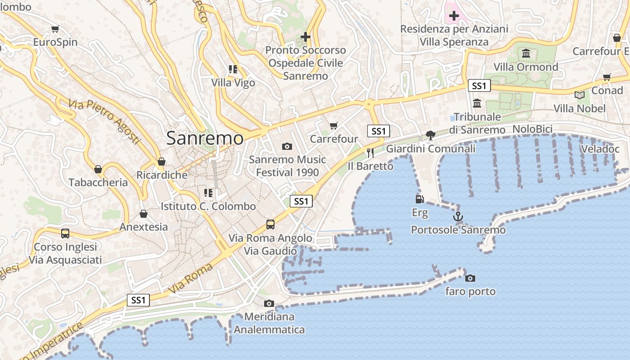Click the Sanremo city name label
(205, 138)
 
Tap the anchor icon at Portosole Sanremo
(458, 217)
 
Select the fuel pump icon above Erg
(419, 198)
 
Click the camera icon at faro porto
(470, 278)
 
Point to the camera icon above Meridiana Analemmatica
(269, 303)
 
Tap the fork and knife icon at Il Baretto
(370, 153)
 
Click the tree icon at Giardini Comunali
(431, 135)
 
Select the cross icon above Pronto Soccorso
(306, 36)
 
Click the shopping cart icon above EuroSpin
(55, 29)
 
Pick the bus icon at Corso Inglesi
(65, 233)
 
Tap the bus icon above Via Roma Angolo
(270, 224)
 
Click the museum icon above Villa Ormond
(526, 54)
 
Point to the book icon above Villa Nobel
(580, 95)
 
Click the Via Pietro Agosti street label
(105, 122)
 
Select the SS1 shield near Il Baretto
(378, 131)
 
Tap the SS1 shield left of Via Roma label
(138, 300)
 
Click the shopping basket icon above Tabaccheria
(98, 169)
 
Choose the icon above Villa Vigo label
(233, 69)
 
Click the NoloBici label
(532, 129)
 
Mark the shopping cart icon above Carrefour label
(333, 126)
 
